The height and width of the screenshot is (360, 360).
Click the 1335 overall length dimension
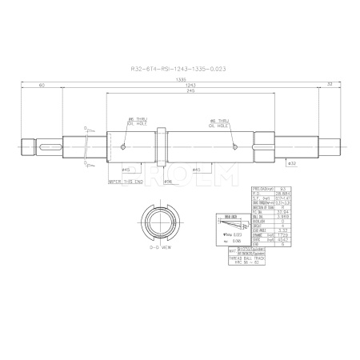[x=182, y=81]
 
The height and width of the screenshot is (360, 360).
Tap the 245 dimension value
[x=190, y=92]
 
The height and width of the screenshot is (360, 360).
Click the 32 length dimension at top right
[x=329, y=83]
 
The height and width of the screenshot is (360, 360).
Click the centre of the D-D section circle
[x=158, y=219]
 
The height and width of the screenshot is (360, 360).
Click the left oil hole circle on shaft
[x=122, y=146]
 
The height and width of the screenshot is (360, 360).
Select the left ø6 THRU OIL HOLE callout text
[x=135, y=122]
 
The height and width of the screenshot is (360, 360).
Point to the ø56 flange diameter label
[x=168, y=182]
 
